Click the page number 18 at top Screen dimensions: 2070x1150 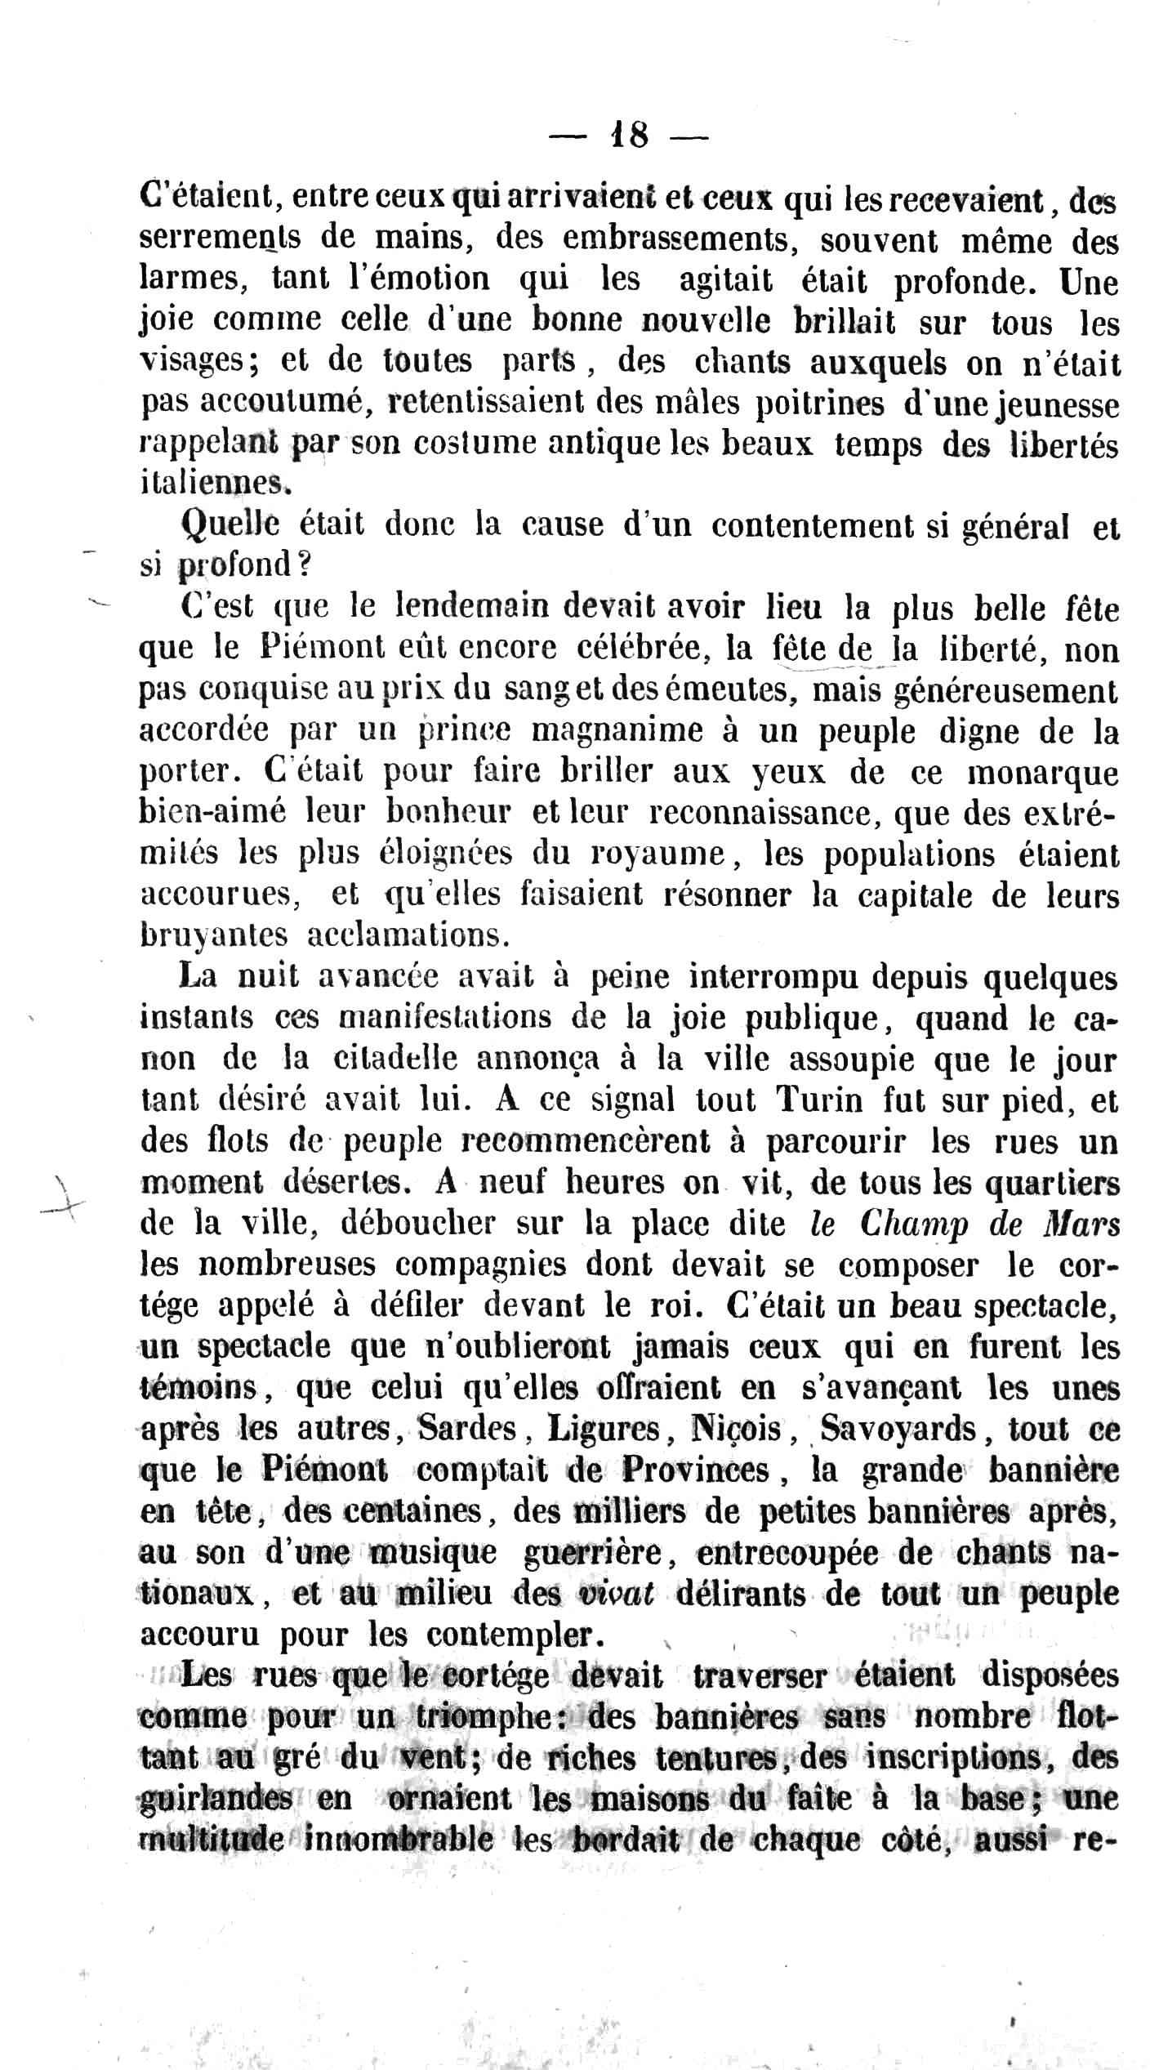pos(629,136)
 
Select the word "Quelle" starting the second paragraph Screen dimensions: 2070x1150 pos(230,524)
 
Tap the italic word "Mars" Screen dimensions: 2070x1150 pos(1081,1224)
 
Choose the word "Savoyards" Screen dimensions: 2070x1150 pos(898,1429)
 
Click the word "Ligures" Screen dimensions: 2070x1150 pos(604,1429)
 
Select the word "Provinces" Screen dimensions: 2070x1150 pos(696,1470)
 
